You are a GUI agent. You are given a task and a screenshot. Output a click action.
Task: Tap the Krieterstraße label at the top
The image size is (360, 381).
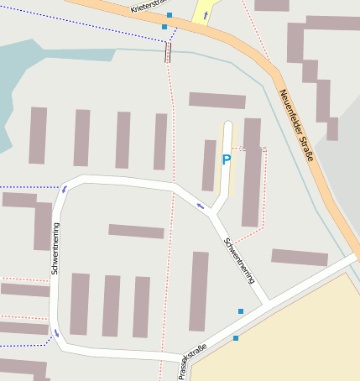[149, 6]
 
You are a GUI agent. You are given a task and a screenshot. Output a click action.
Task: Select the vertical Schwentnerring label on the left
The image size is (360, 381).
[55, 249]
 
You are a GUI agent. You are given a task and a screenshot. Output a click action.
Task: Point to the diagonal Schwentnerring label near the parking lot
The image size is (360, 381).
[239, 261]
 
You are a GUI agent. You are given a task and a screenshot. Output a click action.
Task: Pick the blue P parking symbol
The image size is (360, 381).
[226, 159]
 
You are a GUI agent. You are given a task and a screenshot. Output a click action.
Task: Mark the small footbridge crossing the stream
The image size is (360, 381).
[168, 53]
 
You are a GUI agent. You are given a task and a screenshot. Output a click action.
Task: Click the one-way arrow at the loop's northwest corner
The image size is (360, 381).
[64, 189]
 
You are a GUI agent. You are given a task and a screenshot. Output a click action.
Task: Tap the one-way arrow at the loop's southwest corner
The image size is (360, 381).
[57, 333]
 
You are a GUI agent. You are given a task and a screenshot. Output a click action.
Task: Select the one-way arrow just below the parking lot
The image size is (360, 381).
[200, 206]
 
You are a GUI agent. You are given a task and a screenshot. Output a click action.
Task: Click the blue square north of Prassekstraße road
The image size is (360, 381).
[241, 311]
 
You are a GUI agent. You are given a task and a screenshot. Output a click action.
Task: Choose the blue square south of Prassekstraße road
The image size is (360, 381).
[236, 338]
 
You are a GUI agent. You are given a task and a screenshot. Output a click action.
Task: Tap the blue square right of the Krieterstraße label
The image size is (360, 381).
[170, 15]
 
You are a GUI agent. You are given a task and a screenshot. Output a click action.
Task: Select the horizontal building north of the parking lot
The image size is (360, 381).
[217, 101]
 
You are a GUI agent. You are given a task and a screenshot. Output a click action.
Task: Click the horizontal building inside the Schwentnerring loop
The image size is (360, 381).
[136, 231]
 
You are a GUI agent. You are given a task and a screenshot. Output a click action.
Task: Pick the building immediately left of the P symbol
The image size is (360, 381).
[209, 165]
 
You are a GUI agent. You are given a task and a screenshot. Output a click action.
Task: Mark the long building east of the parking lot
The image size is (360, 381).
[251, 172]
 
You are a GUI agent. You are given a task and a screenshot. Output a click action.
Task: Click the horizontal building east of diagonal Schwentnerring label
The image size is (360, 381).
[300, 258]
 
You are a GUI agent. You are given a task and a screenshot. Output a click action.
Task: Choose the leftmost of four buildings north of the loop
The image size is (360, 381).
[38, 135]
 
